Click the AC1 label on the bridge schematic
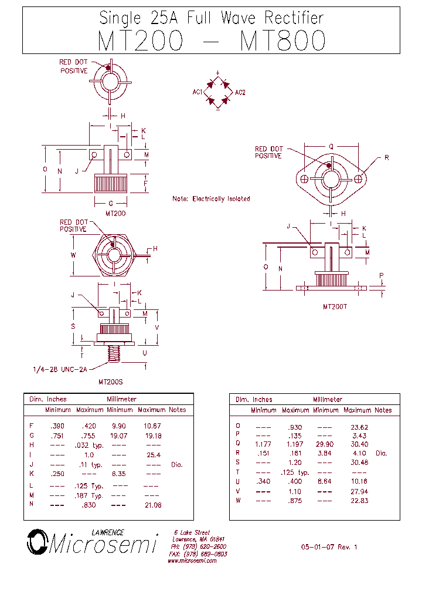(197, 92)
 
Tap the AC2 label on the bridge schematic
(240, 92)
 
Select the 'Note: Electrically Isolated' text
(211, 198)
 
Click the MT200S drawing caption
(110, 382)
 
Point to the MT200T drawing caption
(336, 306)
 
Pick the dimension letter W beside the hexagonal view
(73, 255)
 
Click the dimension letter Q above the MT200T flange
(331, 147)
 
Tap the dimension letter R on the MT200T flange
(386, 158)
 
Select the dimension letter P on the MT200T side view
(382, 275)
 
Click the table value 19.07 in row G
(119, 436)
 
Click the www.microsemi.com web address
(192, 561)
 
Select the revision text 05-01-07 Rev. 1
(329, 547)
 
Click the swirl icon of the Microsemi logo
(37, 542)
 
